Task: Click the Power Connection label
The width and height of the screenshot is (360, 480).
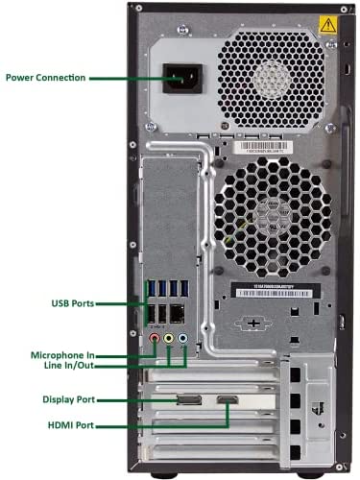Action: tap(46, 78)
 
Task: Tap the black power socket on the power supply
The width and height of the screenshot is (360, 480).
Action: tap(182, 79)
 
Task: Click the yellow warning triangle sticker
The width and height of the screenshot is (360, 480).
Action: tap(328, 25)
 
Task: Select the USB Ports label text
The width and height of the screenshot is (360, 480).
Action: tap(73, 303)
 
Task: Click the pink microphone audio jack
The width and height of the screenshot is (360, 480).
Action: tap(155, 338)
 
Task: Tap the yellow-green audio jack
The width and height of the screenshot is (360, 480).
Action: tap(169, 338)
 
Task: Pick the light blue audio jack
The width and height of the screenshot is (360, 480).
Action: tap(182, 338)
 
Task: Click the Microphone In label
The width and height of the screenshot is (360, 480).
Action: tap(62, 355)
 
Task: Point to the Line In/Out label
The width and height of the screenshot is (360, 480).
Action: tap(69, 365)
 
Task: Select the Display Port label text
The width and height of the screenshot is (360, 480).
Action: tap(69, 399)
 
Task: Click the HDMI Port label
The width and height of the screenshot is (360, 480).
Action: tap(71, 425)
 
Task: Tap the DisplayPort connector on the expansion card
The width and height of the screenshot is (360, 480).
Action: tap(189, 400)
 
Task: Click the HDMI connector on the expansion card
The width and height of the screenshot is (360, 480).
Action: tap(228, 399)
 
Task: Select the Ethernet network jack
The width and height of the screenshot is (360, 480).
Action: tap(177, 314)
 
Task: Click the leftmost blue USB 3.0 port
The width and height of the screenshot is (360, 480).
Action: tap(152, 288)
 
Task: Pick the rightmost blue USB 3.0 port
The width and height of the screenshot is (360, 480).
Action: tap(184, 288)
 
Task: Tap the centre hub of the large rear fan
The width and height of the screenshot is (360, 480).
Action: tap(273, 217)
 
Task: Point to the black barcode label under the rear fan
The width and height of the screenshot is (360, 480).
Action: tap(276, 291)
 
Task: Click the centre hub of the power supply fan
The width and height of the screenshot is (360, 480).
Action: tap(272, 79)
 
